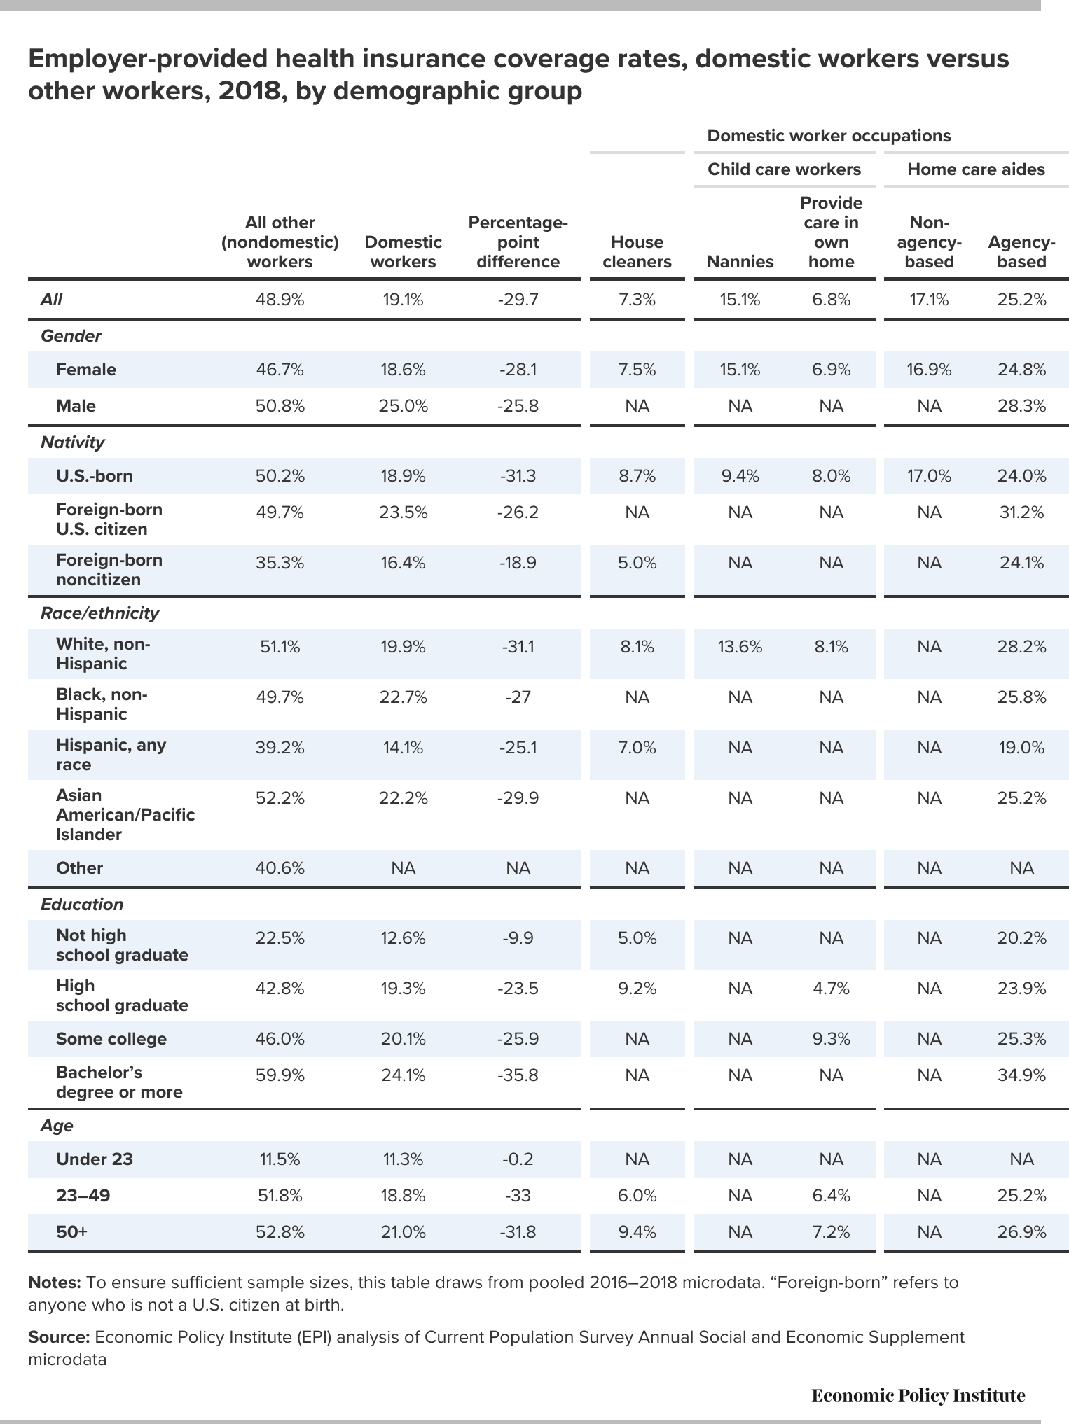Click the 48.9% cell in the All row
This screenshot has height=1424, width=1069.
280,300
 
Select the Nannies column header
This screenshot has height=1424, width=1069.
740,262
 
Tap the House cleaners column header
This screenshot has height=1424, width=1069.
637,252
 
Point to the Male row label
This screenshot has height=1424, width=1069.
76,406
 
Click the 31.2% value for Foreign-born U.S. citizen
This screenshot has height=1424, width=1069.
1021,512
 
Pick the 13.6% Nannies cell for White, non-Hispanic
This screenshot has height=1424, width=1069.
740,647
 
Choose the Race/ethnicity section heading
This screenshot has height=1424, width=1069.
100,613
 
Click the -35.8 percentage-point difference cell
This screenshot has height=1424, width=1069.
518,1075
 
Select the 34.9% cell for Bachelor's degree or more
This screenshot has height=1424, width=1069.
1021,1075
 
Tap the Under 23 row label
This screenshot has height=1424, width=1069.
94,1159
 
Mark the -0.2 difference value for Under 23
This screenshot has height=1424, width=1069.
518,1159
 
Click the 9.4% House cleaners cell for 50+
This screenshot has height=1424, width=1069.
637,1232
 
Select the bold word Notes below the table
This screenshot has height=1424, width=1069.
55,1283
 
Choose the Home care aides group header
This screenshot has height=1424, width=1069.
976,169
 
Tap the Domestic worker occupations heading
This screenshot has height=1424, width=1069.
829,135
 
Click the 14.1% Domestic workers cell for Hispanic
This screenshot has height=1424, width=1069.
403,748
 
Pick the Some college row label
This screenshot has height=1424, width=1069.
111,1039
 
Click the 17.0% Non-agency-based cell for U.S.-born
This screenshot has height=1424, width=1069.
929,476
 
